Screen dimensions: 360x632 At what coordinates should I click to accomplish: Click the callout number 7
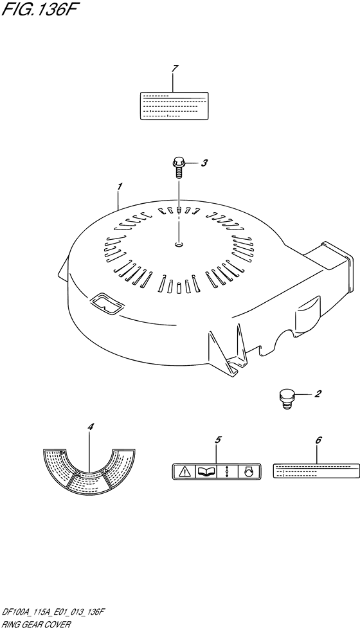174,69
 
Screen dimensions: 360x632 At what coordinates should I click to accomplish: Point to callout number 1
120,186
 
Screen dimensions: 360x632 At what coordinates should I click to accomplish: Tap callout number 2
318,393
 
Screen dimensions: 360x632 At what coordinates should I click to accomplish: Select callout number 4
90,426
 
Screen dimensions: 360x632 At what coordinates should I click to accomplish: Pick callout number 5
218,440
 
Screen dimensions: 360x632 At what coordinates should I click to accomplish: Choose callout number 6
318,440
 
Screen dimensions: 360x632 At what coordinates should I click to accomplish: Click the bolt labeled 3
178,168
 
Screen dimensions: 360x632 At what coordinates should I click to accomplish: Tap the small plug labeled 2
285,399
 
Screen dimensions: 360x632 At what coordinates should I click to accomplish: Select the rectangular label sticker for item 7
174,105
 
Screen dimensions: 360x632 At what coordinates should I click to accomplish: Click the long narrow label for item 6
316,471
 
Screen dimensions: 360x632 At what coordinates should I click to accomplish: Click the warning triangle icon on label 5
184,471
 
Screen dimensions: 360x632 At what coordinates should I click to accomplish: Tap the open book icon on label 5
206,471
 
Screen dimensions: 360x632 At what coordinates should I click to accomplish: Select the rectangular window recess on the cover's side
106,303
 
